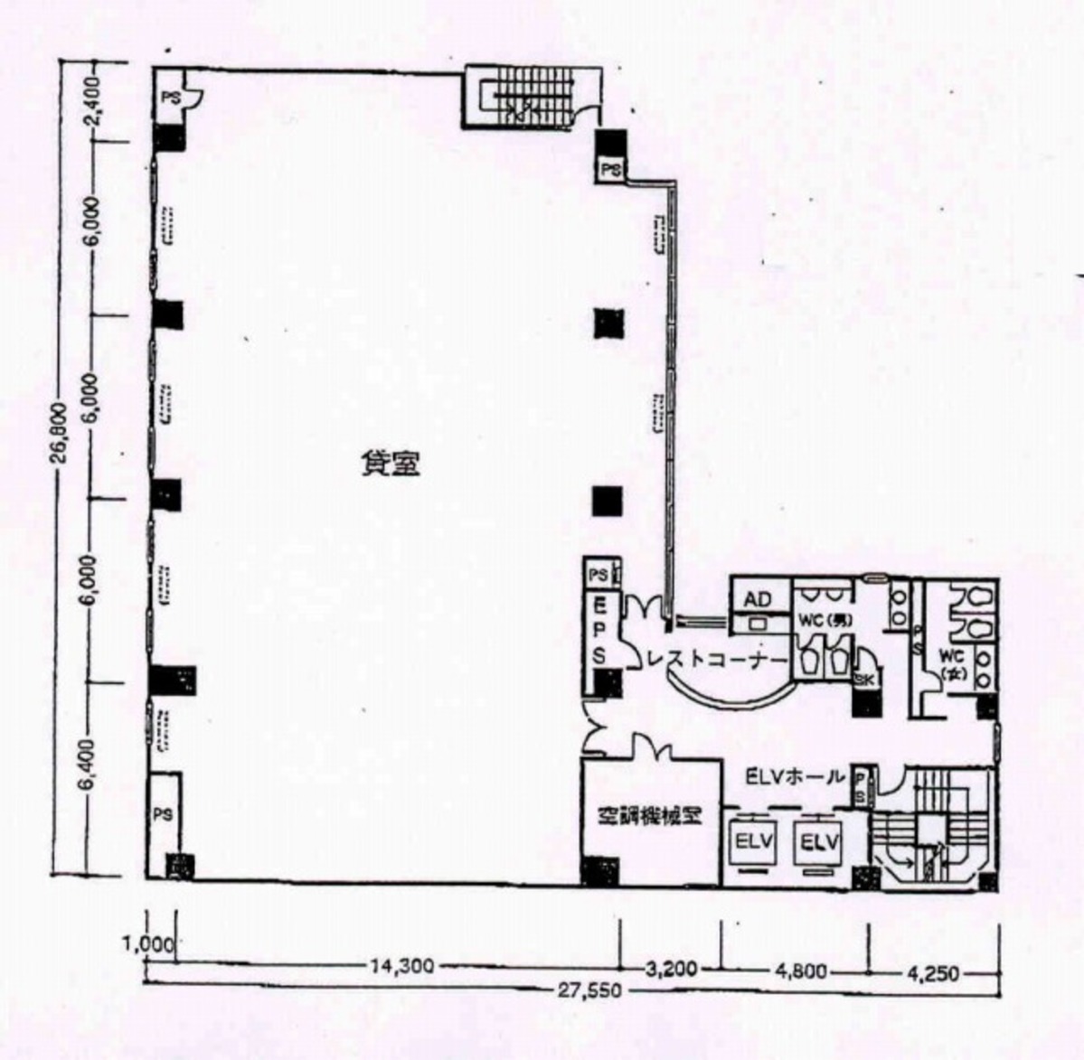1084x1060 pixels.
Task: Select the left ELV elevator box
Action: coord(753,842)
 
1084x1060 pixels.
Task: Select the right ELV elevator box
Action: coord(819,842)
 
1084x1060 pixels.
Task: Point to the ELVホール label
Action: coord(796,776)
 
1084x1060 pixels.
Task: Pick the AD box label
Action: coord(758,600)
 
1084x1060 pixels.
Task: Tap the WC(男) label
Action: coord(824,621)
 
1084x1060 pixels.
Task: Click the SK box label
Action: coord(864,680)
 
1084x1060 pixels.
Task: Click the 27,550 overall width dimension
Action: coord(589,990)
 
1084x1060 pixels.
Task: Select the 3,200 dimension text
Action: coord(671,969)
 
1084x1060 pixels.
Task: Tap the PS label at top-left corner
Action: coord(168,96)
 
